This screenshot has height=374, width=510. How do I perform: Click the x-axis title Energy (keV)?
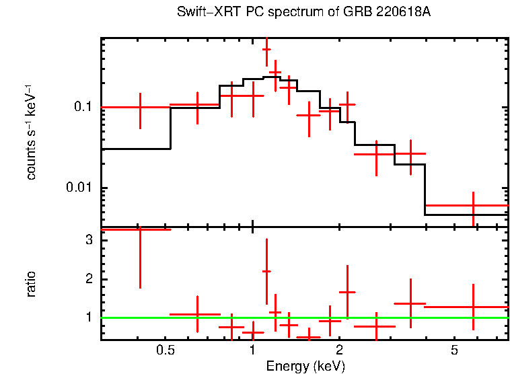tap(305, 366)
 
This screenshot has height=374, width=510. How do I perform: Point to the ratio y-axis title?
tap(31, 285)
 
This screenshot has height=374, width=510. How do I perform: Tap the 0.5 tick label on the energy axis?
tap(165, 350)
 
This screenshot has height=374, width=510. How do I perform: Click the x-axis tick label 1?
tap(252, 350)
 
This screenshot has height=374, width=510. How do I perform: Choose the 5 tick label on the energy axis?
tap(455, 350)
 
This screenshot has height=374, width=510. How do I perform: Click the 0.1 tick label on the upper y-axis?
tap(82, 107)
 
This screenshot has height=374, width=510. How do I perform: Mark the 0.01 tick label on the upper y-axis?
tap(79, 188)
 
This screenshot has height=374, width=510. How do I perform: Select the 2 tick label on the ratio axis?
tap(87, 279)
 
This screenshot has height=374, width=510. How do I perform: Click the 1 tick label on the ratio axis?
tap(87, 317)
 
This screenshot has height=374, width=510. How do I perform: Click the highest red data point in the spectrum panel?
tap(266, 49)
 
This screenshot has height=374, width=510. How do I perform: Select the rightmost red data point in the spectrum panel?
tap(473, 205)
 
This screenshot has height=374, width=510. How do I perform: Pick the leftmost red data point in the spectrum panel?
tap(140, 107)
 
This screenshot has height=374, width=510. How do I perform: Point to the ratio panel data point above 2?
tap(266, 271)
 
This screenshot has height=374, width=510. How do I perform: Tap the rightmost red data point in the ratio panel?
tap(473, 307)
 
